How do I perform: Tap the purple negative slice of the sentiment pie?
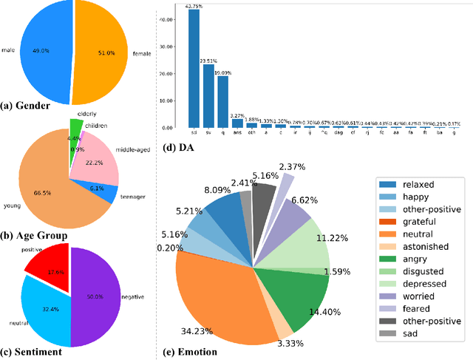click(x=96, y=296)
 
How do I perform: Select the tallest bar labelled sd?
click(x=194, y=69)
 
